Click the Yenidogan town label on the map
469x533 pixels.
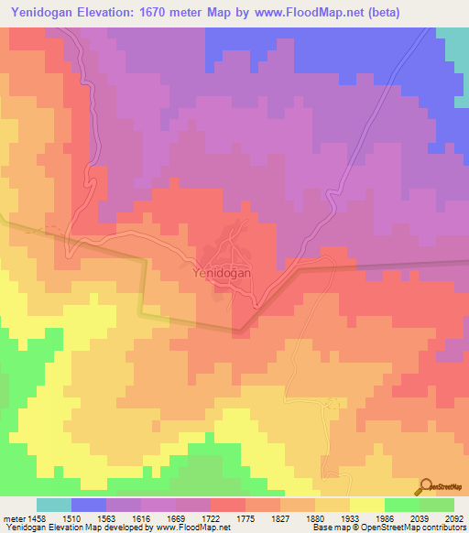tap(224, 272)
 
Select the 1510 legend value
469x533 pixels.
tap(89, 518)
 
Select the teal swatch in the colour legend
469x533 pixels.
tap(54, 505)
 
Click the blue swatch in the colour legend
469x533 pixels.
tap(89, 505)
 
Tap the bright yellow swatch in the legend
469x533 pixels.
tap(366, 505)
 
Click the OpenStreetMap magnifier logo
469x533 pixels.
tap(425, 487)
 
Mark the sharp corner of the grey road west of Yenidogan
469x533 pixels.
tap(146, 261)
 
